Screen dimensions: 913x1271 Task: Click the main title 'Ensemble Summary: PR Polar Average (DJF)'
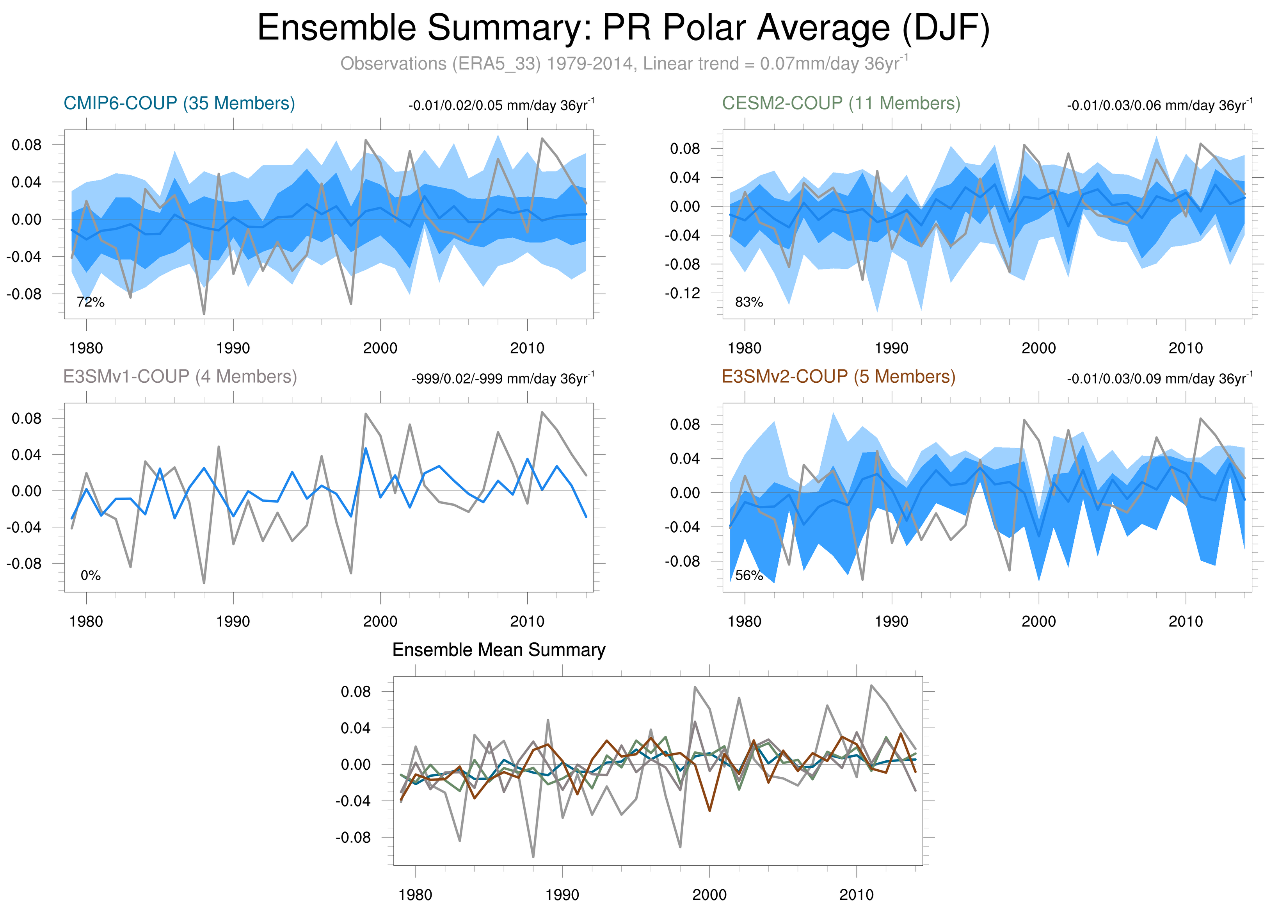pos(623,28)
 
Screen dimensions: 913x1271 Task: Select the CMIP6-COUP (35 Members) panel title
pos(180,103)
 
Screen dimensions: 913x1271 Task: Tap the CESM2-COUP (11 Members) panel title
pos(841,103)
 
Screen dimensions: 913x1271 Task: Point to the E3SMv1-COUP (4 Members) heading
pos(180,376)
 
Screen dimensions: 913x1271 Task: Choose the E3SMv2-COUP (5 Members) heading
pos(838,376)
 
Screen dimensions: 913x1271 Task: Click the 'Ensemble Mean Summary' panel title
pos(499,649)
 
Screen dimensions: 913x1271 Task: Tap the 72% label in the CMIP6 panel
pos(91,302)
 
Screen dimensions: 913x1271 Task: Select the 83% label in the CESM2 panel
pos(749,302)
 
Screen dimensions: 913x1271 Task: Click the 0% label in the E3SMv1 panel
pos(91,575)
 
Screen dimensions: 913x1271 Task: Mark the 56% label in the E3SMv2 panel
pos(749,575)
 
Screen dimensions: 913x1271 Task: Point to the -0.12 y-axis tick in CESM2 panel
pos(682,293)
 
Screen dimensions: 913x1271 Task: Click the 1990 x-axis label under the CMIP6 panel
pos(233,348)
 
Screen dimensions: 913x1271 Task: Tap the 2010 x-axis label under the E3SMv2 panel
pos(1185,621)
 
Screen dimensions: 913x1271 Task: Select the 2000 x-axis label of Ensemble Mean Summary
pos(709,895)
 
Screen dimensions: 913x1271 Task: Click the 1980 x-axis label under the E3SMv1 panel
pos(86,621)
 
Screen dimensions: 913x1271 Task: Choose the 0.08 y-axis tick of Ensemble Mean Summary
pos(356,692)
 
